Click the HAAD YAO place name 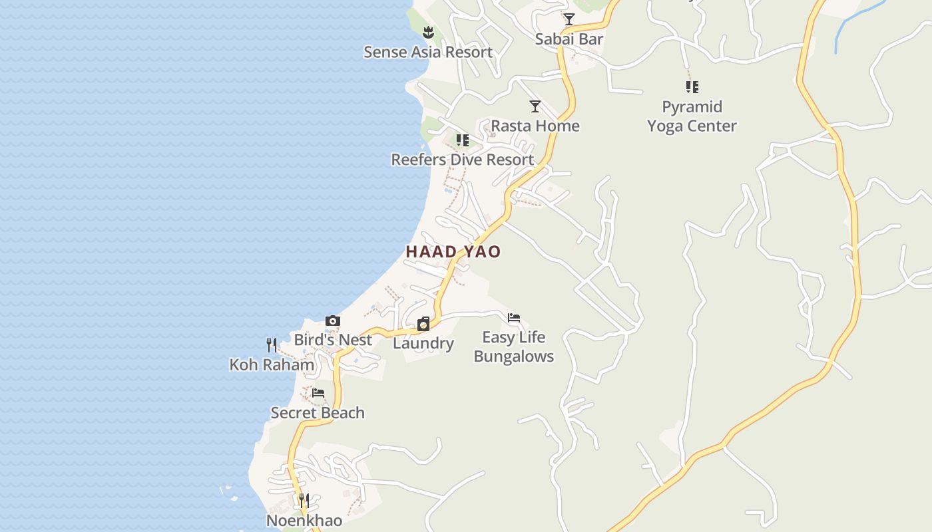tap(453, 251)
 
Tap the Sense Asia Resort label tap(428, 52)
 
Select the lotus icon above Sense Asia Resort tap(428, 31)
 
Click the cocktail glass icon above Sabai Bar tap(569, 19)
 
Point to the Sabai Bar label tap(569, 39)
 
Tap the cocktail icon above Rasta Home tap(535, 106)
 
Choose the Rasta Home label tap(535, 126)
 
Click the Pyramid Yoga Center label tap(692, 116)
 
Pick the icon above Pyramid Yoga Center tap(692, 86)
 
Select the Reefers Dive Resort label tap(462, 160)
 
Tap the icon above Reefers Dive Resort tap(462, 140)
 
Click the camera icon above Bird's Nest tap(332, 321)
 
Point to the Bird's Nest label tap(332, 340)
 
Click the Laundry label tap(423, 343)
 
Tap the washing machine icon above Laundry tap(423, 324)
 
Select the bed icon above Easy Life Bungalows tap(513, 318)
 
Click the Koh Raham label tap(272, 364)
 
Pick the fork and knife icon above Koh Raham tap(272, 344)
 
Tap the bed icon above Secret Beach tap(318, 393)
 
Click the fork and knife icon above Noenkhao tap(304, 500)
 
